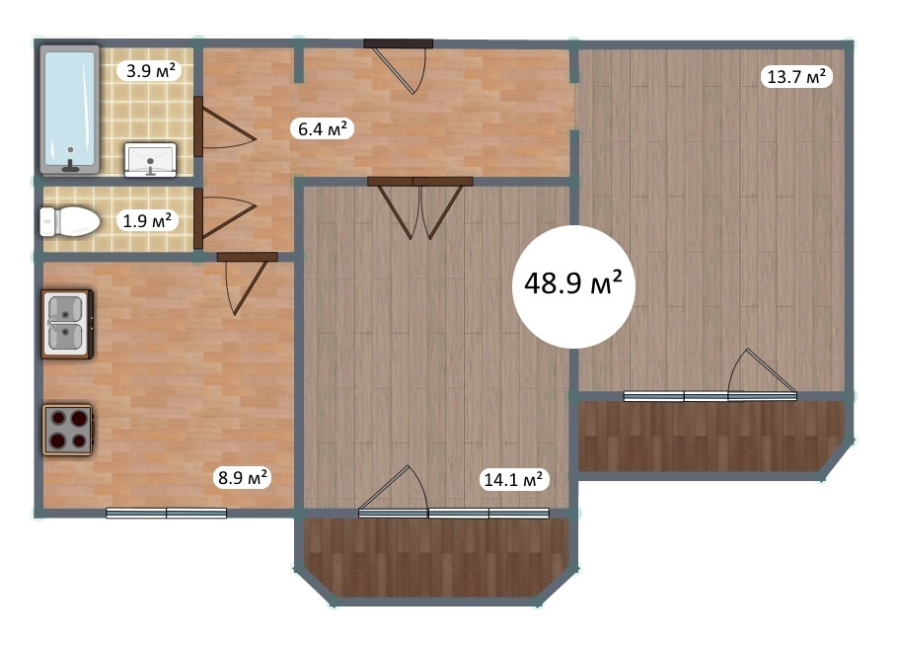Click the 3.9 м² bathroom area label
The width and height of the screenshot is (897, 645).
150,71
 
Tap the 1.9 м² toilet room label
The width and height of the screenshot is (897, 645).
147,220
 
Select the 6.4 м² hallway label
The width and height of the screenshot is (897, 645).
323,128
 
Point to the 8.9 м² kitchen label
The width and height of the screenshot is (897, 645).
242,477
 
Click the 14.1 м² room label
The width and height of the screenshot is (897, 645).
514,479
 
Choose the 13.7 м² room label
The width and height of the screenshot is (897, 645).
795,76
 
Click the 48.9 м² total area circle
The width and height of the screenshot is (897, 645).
573,286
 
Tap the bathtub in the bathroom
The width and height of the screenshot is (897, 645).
70,110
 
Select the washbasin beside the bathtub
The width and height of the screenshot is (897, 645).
150,159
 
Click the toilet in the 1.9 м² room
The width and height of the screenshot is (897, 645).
69,221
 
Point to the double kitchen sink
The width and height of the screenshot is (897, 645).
67,324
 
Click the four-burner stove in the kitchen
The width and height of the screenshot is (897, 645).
67,431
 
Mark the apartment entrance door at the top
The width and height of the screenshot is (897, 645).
399,66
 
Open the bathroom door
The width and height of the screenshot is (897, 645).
224,126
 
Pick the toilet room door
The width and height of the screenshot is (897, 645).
224,218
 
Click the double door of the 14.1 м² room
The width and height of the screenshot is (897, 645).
420,208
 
